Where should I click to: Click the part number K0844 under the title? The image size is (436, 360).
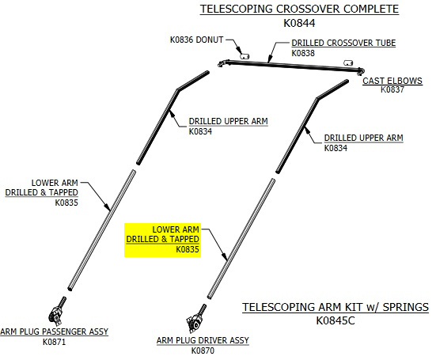[299, 23]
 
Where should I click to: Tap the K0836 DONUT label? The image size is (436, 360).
[196, 40]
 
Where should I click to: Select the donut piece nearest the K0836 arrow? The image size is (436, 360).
[245, 56]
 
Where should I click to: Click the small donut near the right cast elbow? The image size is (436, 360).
[348, 63]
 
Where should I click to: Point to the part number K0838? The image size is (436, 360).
[303, 53]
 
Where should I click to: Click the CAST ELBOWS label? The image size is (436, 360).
[392, 81]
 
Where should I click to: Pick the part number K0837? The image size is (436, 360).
[392, 89]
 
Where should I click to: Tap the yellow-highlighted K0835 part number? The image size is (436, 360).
[188, 249]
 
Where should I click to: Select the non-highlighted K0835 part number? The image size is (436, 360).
[66, 203]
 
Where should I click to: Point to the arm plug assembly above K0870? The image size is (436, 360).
[195, 319]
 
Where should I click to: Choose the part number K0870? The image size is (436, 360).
[203, 351]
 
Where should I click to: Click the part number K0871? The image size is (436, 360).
[55, 342]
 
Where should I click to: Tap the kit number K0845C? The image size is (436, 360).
[336, 320]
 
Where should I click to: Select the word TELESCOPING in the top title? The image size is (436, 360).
[237, 9]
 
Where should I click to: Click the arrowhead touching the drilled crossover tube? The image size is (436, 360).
[268, 60]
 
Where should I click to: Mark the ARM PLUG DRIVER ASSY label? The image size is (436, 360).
[203, 340]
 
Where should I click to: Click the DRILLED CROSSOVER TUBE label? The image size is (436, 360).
[343, 43]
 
